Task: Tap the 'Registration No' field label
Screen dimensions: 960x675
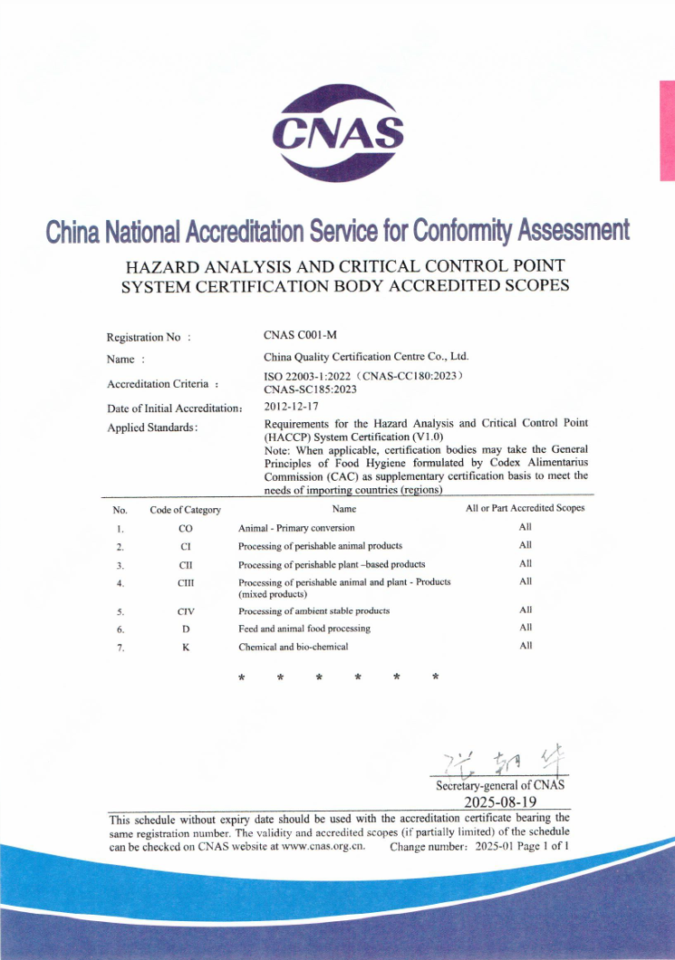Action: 149,338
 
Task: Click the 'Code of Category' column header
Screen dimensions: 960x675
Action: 185,510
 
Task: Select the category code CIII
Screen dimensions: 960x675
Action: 185,582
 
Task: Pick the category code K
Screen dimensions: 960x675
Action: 185,647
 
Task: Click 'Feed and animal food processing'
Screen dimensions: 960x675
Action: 304,628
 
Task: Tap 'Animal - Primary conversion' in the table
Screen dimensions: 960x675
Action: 296,527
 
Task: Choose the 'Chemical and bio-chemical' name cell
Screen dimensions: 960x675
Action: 293,647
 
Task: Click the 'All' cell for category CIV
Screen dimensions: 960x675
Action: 526,610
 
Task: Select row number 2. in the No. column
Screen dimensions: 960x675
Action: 120,546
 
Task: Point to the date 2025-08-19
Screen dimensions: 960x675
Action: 501,802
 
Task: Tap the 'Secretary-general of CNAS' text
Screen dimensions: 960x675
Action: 501,784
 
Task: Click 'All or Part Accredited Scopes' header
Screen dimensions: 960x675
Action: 526,508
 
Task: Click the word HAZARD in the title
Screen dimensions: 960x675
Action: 164,266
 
